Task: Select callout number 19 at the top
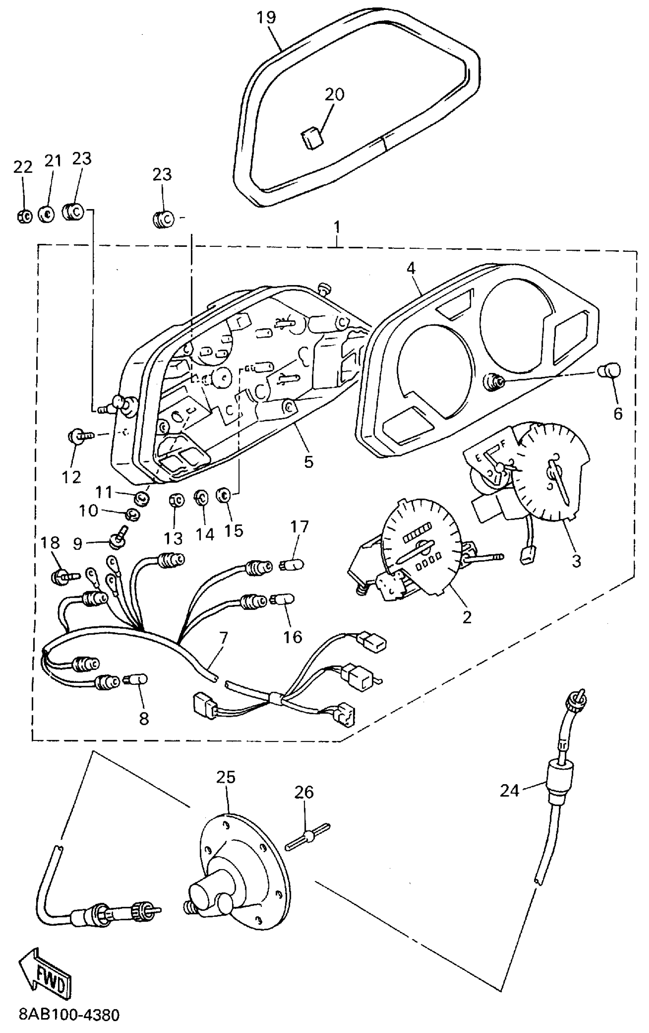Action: point(266,18)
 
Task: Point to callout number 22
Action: point(23,167)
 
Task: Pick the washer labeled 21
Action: point(46,213)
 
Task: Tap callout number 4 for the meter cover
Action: point(411,269)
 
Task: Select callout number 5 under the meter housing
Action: point(308,461)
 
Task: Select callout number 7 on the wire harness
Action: point(223,638)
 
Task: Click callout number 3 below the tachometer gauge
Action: point(576,560)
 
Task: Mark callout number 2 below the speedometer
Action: point(467,617)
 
